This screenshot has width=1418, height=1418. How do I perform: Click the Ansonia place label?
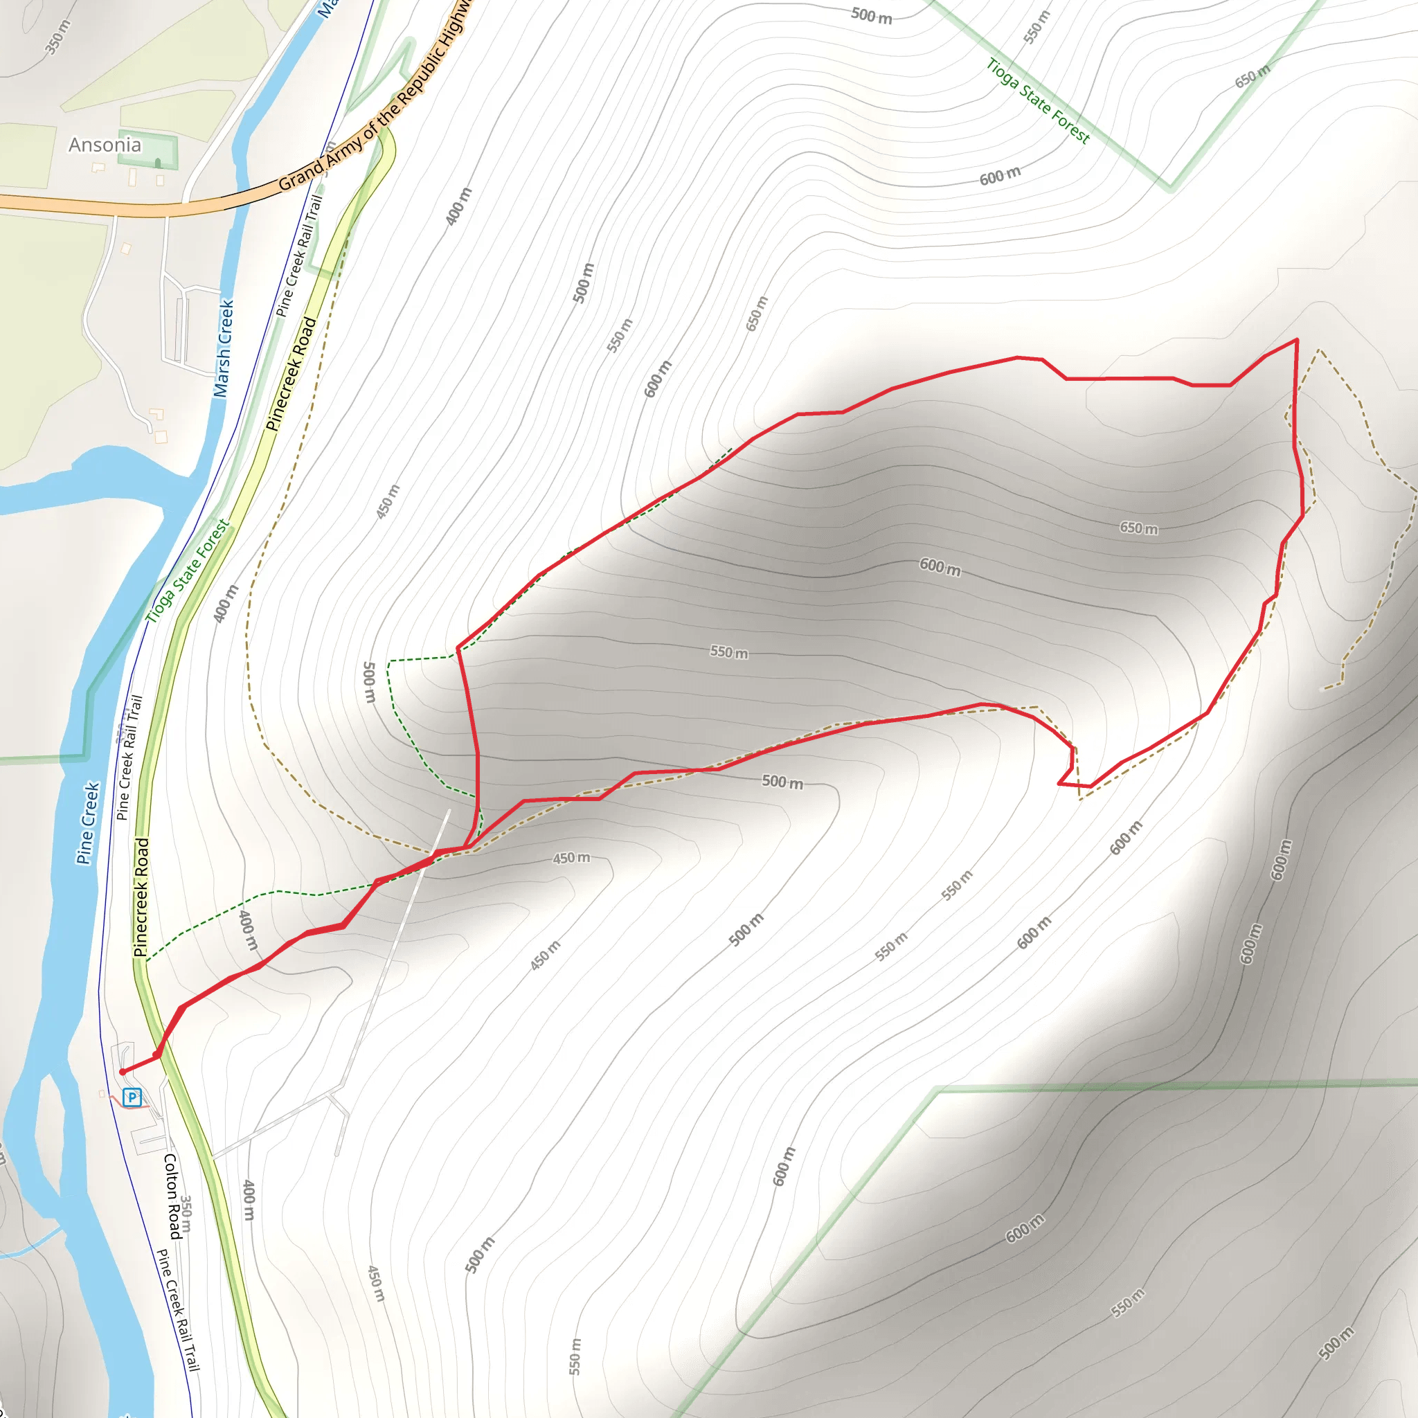click(105, 145)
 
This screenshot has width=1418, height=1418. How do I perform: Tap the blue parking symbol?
click(132, 1097)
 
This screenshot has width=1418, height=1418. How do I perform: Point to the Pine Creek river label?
click(87, 823)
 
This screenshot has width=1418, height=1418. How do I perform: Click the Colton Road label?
click(172, 1196)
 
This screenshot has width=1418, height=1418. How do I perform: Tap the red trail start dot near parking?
click(123, 1073)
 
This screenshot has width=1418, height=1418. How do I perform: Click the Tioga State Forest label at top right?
click(1038, 100)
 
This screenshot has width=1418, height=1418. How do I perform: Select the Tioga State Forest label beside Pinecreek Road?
click(188, 571)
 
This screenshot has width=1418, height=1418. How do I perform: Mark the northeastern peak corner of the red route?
click(1297, 340)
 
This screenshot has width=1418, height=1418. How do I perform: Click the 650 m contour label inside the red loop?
click(1138, 528)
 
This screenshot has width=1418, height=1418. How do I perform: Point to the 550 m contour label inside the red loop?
click(729, 652)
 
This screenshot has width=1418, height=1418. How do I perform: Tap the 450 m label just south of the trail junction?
click(571, 857)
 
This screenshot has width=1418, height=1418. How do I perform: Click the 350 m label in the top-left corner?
click(57, 37)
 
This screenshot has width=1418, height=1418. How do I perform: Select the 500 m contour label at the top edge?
click(871, 15)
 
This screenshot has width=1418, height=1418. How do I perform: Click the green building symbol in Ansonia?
click(158, 161)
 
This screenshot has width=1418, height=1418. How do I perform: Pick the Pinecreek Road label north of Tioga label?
click(291, 374)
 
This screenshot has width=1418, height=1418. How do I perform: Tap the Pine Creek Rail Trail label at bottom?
click(179, 1310)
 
